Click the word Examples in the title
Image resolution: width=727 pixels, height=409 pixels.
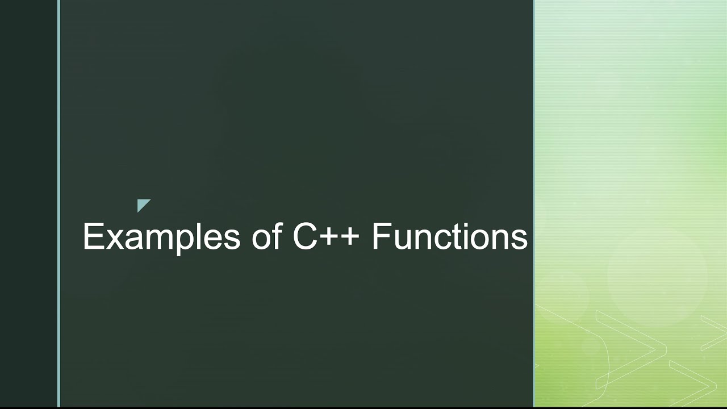(x=161, y=236)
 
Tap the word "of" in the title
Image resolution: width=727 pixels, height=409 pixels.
(x=267, y=236)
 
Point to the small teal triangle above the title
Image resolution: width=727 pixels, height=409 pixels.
(x=142, y=204)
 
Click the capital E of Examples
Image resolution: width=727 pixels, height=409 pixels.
(x=92, y=236)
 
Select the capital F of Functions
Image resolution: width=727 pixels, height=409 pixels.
(x=381, y=236)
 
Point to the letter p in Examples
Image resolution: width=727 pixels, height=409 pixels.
(x=181, y=241)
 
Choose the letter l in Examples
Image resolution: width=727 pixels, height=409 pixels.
(x=196, y=236)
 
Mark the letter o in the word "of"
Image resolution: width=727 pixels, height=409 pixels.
(x=261, y=239)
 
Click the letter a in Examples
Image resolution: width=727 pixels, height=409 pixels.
(x=130, y=239)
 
